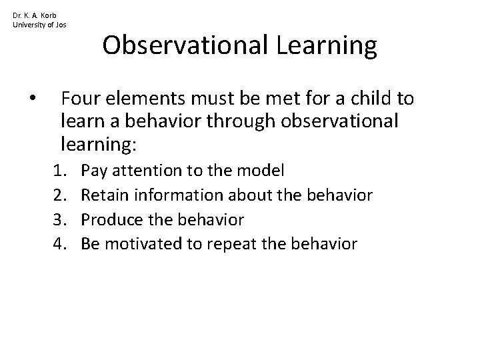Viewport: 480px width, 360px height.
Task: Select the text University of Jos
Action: coord(39,25)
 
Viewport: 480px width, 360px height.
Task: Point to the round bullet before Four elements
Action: coord(33,100)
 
